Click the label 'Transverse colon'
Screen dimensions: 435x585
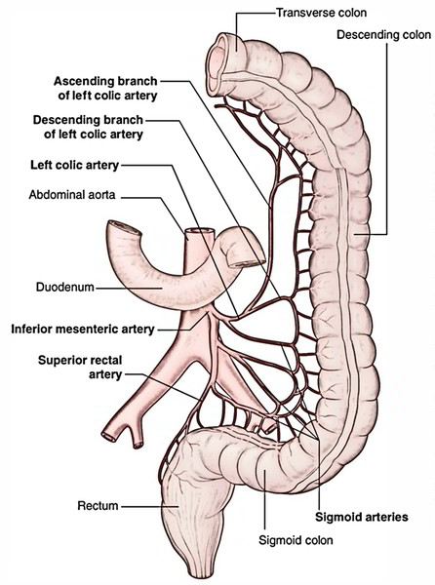point(321,13)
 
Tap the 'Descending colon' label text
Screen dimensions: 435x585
point(384,35)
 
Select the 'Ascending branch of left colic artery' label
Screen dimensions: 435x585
point(105,88)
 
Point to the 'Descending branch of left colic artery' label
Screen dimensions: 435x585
point(88,127)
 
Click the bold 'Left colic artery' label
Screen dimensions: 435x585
point(75,165)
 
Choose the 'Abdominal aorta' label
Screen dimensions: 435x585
point(72,195)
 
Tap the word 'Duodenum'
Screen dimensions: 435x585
point(65,288)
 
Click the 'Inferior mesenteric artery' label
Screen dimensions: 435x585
point(83,330)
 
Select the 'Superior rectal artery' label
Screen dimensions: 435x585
point(80,368)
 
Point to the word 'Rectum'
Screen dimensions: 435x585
point(99,506)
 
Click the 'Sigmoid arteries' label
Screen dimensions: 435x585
point(362,517)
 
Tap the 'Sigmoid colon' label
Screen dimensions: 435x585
point(296,540)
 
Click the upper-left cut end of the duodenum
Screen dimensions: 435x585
point(124,227)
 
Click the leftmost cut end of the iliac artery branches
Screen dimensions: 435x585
point(108,436)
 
